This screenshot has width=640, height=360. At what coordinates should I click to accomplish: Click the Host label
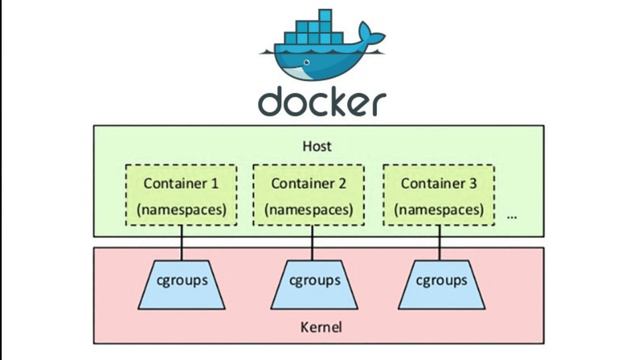[x=317, y=146]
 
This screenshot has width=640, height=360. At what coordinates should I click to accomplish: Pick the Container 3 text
[x=438, y=183]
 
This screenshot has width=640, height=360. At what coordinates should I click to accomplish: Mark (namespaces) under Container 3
[x=438, y=210]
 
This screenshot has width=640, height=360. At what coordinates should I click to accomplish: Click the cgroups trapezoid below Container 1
[x=180, y=283]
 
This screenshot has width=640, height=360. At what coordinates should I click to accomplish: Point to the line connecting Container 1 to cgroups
[x=180, y=243]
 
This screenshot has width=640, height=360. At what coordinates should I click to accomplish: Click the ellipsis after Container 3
[x=512, y=215]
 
